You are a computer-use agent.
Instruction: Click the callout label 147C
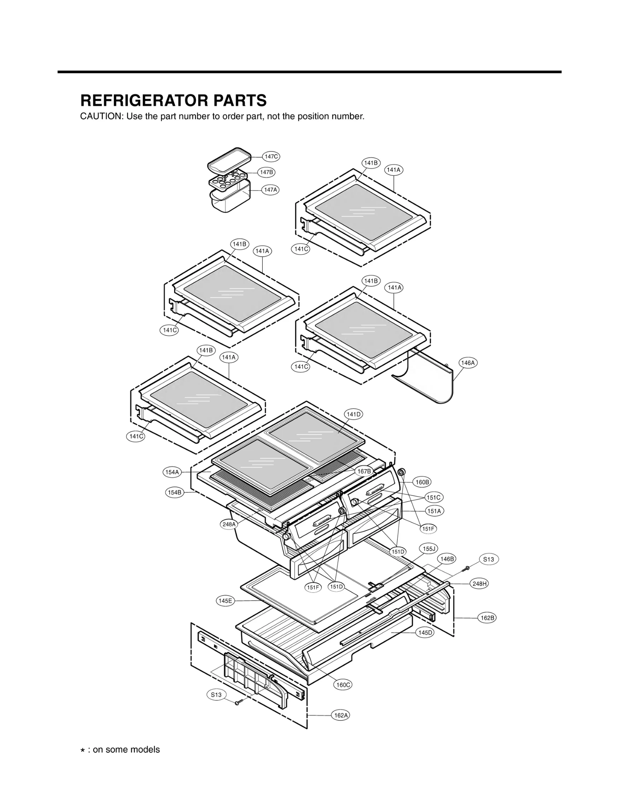(x=271, y=157)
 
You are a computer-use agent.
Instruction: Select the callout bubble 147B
(x=266, y=172)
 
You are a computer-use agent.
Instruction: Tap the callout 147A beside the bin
(x=270, y=190)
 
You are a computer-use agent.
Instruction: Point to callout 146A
(x=468, y=363)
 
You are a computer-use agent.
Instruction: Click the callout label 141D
(x=353, y=414)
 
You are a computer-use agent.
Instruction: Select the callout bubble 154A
(x=172, y=472)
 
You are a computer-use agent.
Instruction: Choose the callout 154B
(x=174, y=492)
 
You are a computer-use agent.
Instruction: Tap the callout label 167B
(x=364, y=471)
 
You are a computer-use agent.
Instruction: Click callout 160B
(x=422, y=482)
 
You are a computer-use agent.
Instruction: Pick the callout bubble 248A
(x=229, y=524)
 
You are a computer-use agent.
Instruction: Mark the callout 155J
(x=429, y=549)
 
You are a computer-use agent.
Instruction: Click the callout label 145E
(x=225, y=601)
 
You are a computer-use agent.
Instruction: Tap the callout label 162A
(x=341, y=715)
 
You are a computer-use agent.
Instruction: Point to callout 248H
(x=479, y=584)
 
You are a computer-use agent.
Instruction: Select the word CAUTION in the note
(x=101, y=116)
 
